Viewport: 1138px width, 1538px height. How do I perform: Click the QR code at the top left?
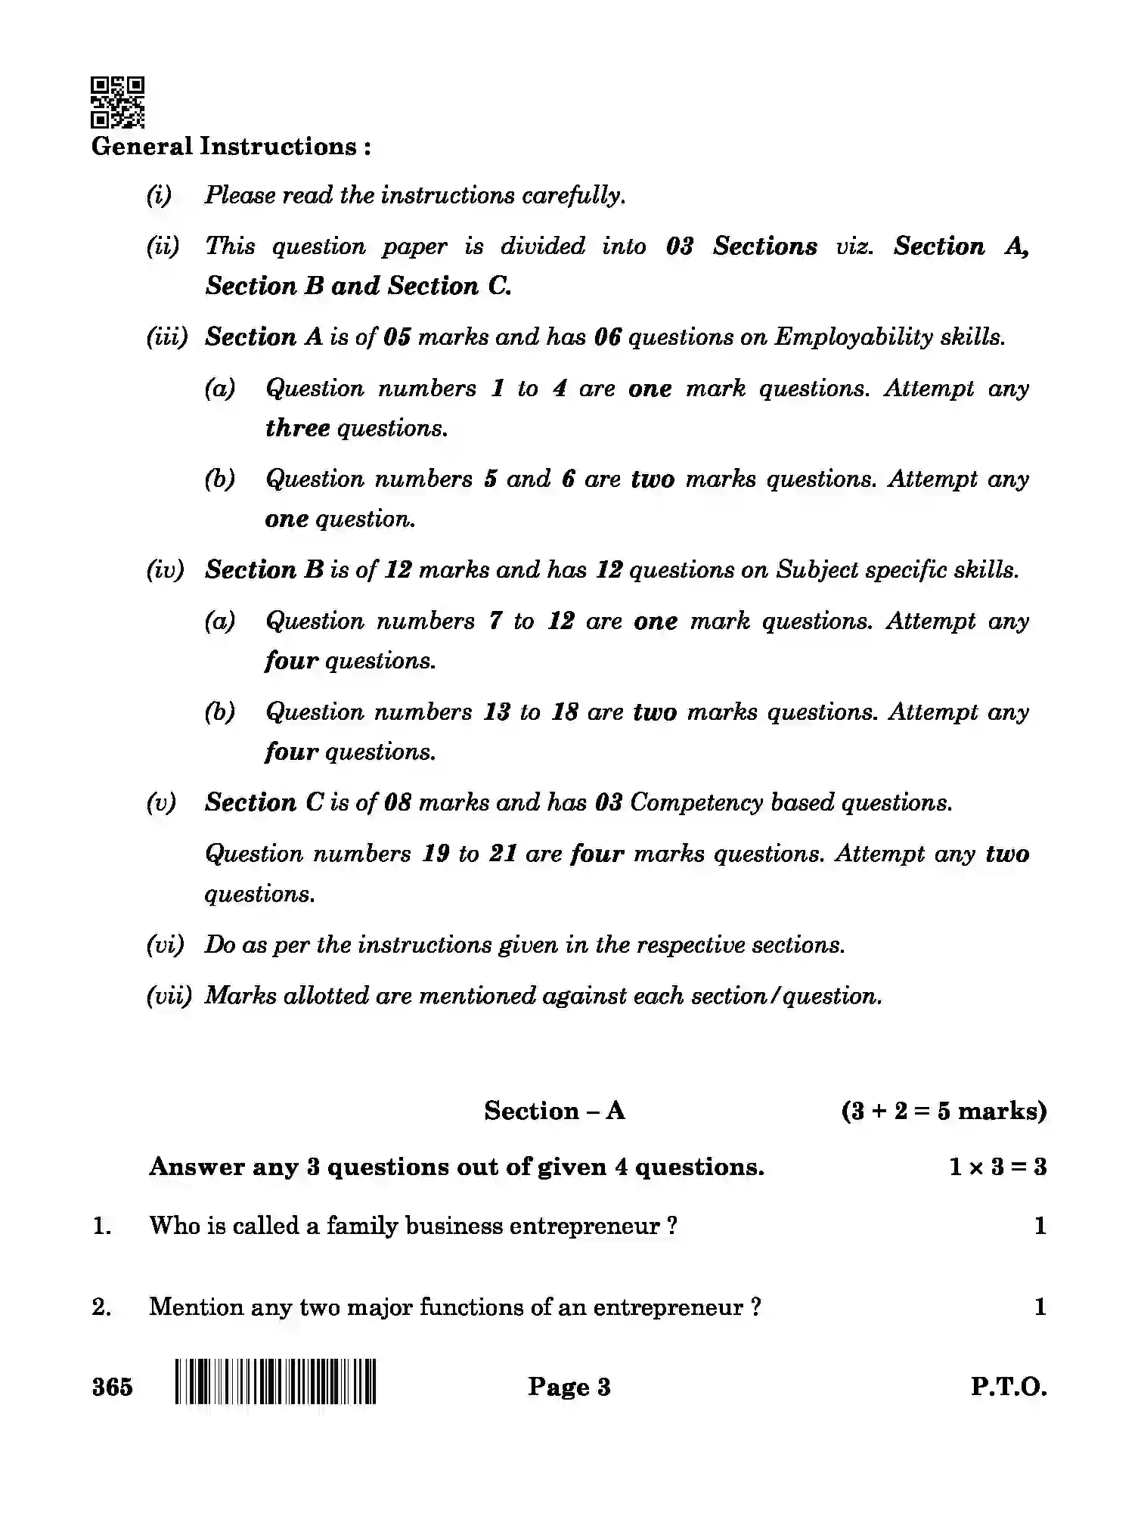(117, 101)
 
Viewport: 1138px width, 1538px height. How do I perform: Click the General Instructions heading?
(231, 147)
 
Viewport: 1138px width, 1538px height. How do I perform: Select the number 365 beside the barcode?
(112, 1387)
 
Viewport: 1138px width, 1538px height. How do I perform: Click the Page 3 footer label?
(569, 1386)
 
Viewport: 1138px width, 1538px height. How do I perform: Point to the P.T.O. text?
(1009, 1387)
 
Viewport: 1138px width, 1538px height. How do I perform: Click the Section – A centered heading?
(554, 1110)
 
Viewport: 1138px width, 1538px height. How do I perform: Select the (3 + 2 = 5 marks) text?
(944, 1110)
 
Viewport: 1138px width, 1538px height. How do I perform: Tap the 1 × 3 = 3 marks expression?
(997, 1167)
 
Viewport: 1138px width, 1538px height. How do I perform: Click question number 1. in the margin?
(102, 1226)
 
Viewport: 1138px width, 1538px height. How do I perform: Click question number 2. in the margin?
(102, 1307)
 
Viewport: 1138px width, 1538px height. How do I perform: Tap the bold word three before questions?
(297, 428)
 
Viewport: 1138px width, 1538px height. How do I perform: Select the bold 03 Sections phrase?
(741, 247)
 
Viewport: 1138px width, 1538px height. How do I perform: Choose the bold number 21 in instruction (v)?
(503, 854)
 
